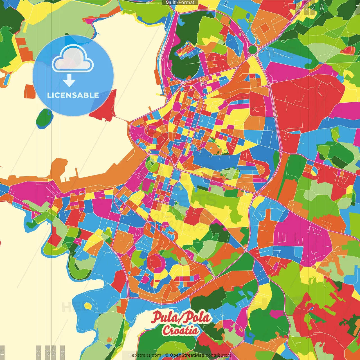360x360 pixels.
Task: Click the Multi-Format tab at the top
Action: [180, 3]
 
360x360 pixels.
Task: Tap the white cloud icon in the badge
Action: [73, 60]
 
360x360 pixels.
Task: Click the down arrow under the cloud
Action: [69, 81]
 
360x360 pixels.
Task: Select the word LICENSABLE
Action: [73, 95]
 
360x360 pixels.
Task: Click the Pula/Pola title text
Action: [181, 317]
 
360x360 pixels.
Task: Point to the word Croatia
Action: [180, 330]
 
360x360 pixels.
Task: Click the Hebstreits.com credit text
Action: [145, 355]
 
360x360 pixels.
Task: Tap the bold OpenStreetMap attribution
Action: [187, 355]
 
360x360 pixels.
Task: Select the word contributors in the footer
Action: [219, 355]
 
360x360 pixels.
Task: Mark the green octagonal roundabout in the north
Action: [253, 50]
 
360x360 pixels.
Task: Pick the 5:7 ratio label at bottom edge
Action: [54, 352]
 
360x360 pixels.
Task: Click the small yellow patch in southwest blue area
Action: [88, 306]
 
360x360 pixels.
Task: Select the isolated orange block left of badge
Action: [29, 91]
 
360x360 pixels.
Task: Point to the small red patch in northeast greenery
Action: [348, 51]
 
